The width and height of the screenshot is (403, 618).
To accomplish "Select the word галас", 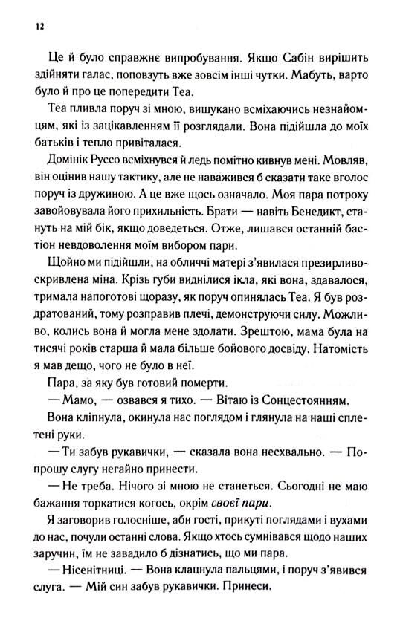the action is [106, 74].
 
